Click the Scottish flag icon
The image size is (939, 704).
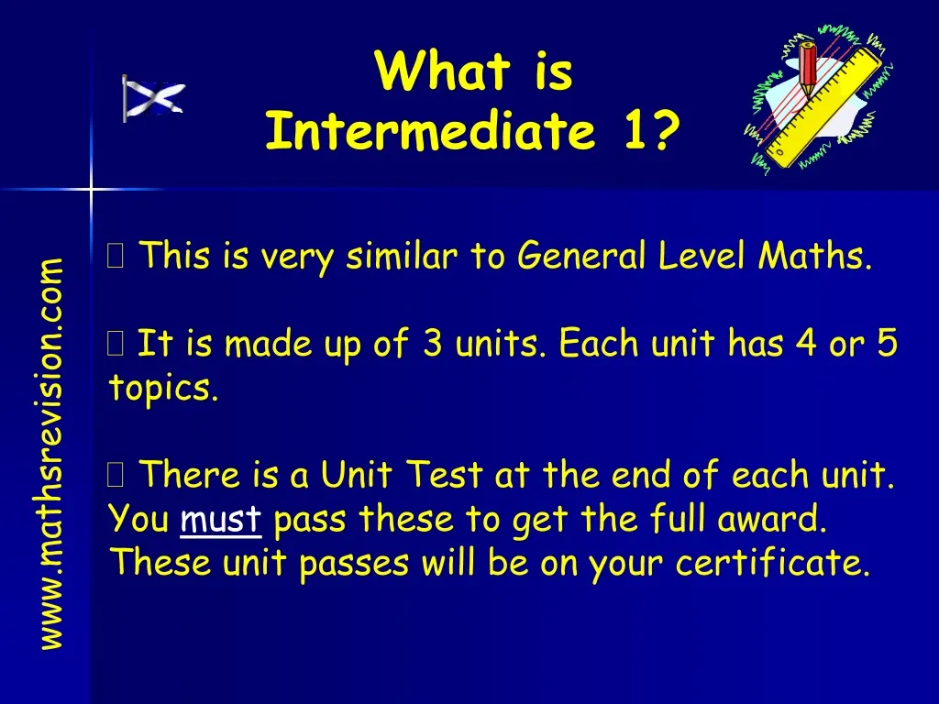pyautogui.click(x=153, y=98)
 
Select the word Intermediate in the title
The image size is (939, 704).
pyautogui.click(x=429, y=132)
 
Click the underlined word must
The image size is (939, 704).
pyautogui.click(x=222, y=521)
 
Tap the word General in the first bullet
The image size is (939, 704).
pyautogui.click(x=582, y=258)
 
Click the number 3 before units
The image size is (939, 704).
pyautogui.click(x=432, y=346)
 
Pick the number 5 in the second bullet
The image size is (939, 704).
pyautogui.click(x=887, y=346)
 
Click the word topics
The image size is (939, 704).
pyautogui.click(x=163, y=389)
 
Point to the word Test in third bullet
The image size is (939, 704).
pyautogui.click(x=444, y=477)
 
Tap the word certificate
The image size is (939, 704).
pyautogui.click(x=772, y=564)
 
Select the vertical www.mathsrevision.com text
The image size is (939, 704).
pyautogui.click(x=51, y=454)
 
